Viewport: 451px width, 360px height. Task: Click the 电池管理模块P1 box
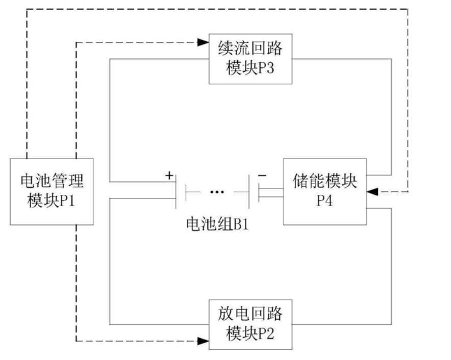52,192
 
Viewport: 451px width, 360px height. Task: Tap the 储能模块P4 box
324,191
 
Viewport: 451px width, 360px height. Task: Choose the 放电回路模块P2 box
250,324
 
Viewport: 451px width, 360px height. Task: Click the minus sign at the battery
262,175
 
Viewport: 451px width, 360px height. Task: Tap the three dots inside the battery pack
217,193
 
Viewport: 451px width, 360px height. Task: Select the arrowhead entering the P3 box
204,42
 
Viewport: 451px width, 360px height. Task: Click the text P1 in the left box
72,200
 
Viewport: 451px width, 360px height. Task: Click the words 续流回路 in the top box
250,49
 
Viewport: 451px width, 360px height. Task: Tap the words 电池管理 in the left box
52,183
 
